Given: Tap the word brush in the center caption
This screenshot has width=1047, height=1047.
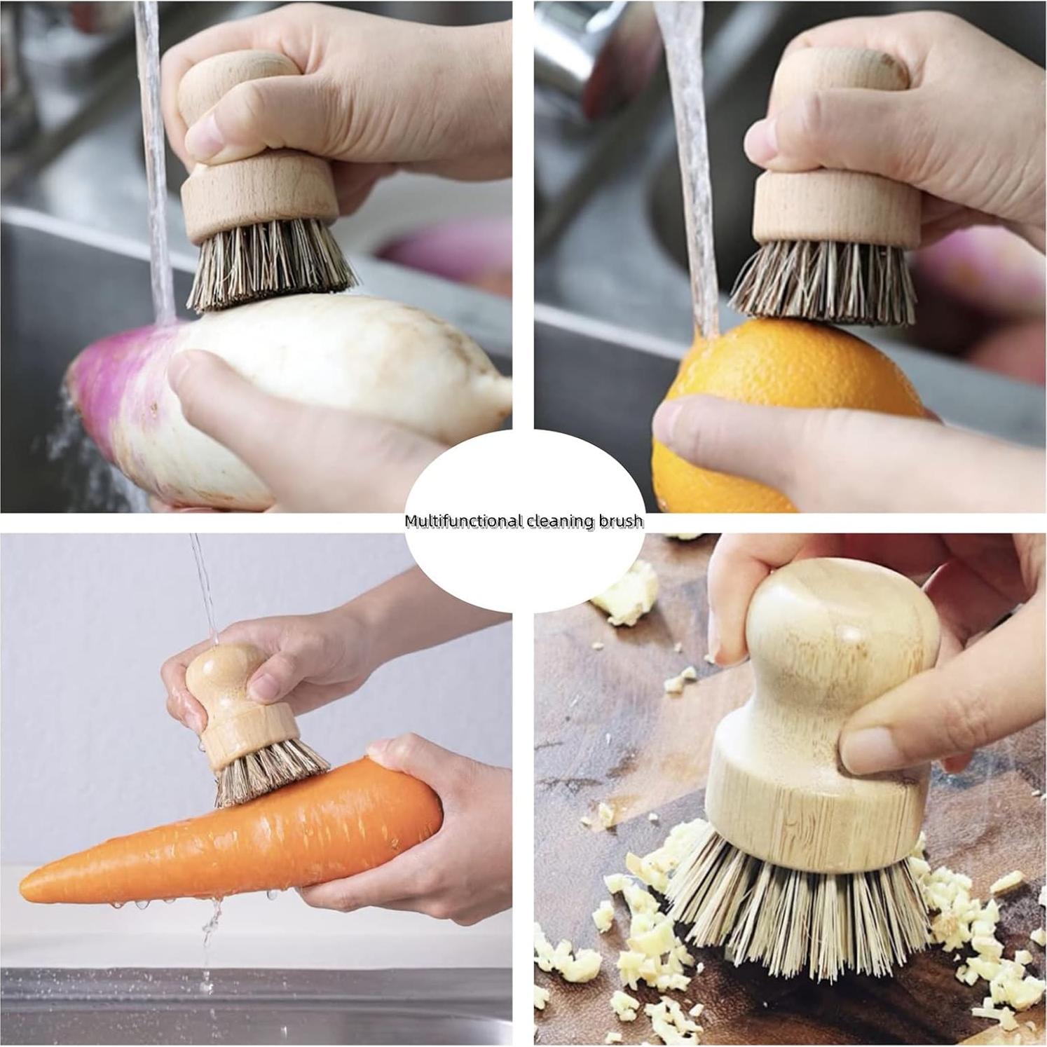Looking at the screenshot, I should [620, 521].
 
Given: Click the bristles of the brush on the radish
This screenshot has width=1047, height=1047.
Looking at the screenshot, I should [270, 266].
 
